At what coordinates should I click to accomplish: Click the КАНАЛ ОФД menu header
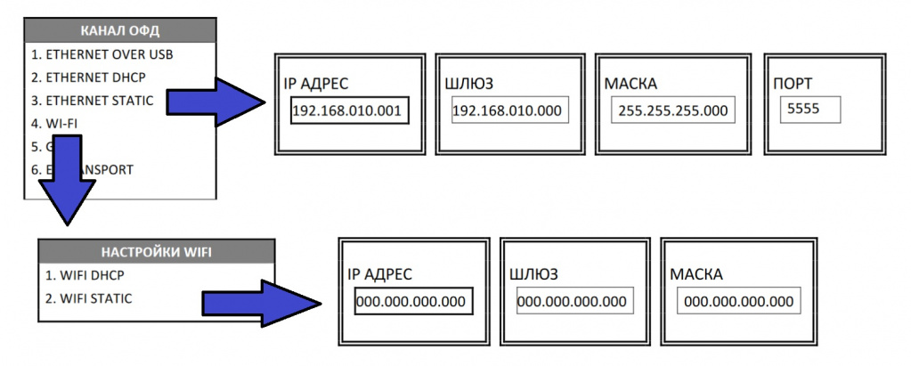coord(119,31)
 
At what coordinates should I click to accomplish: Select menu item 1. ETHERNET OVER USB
coord(102,54)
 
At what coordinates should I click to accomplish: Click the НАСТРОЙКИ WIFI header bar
coord(155,251)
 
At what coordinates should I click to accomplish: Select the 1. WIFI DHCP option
coord(83,275)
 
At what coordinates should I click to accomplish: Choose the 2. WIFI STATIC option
coord(88,298)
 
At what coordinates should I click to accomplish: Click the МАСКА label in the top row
coord(630,85)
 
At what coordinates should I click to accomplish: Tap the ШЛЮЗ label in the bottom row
coord(538,274)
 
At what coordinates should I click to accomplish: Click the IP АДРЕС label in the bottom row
coord(381,274)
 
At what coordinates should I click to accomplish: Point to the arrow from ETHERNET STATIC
coord(218,101)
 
